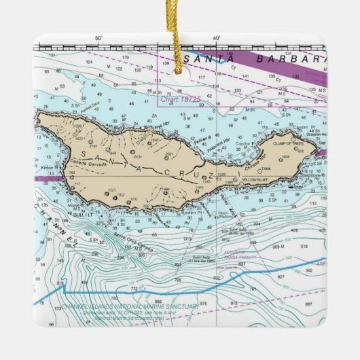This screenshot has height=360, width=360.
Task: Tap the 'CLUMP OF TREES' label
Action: coord(288,143)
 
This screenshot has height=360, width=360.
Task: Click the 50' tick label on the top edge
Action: coord(98,39)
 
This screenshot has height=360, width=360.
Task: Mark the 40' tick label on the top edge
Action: coord(216,39)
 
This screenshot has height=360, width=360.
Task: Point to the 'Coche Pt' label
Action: coord(244,144)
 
